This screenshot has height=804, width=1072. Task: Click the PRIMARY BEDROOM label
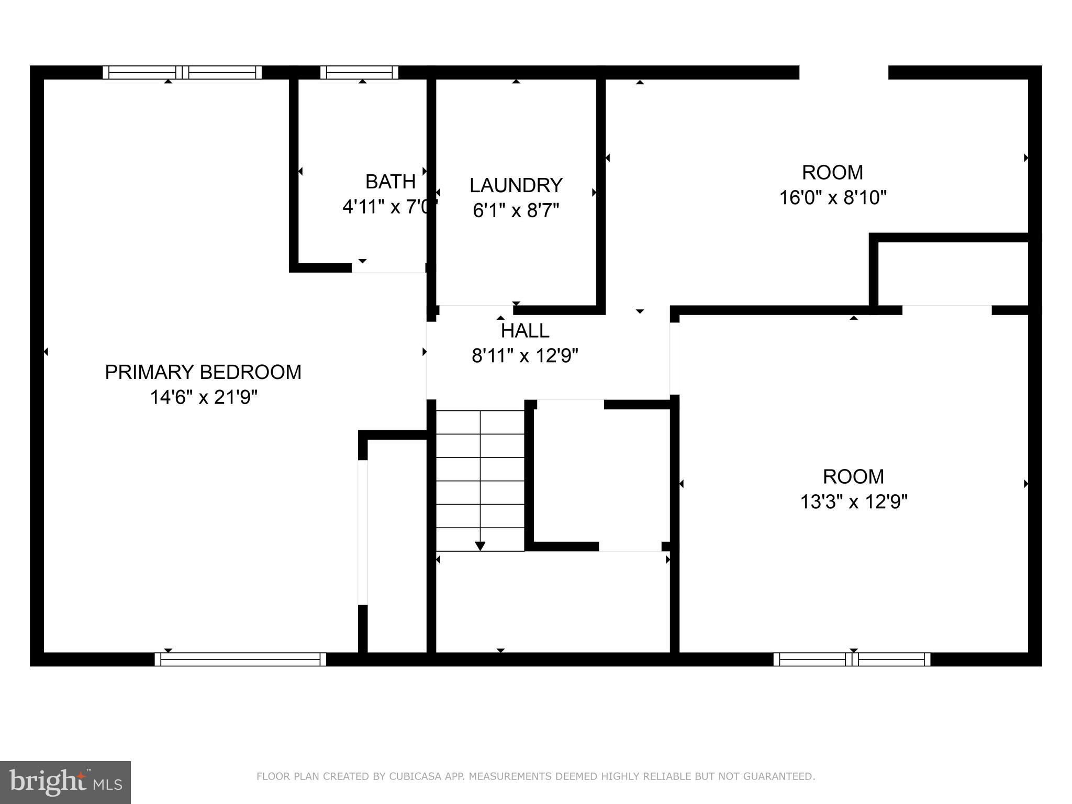(x=203, y=372)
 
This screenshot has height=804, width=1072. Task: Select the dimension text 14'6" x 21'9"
(x=204, y=398)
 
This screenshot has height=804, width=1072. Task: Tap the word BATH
(x=390, y=182)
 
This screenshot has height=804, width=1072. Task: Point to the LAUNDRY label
(x=516, y=185)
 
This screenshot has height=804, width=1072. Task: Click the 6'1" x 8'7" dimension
(x=516, y=210)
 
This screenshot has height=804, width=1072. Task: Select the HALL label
(x=524, y=331)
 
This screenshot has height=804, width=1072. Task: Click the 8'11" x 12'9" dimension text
(x=524, y=356)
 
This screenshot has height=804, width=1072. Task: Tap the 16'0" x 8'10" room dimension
(x=832, y=198)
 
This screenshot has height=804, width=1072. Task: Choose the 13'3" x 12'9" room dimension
(x=853, y=502)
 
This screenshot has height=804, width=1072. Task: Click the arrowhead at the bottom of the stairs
(x=480, y=546)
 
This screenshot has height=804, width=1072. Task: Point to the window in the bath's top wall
(x=359, y=72)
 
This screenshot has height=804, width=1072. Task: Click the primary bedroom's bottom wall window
(x=240, y=659)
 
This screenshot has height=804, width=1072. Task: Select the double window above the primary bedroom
(x=182, y=72)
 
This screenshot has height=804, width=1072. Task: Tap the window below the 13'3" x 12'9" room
(x=852, y=659)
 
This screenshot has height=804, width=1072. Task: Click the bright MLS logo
(x=65, y=782)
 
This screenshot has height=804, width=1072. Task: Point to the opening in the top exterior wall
(x=843, y=72)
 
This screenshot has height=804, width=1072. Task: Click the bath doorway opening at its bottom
(x=388, y=268)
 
